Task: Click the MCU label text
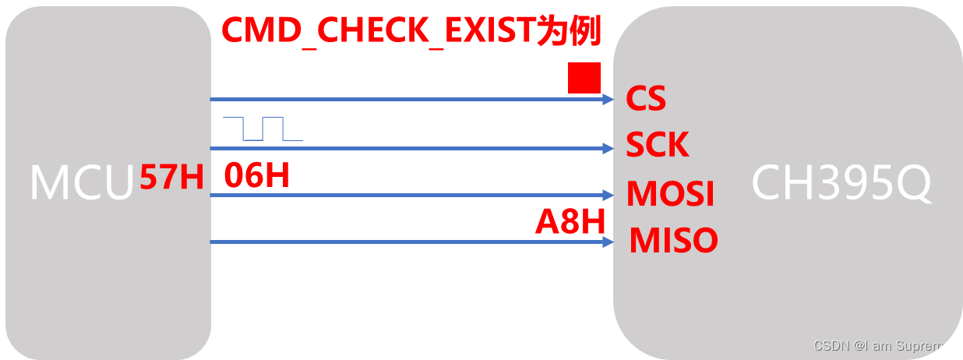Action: pos(82,184)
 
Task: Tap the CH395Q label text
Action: pos(841,184)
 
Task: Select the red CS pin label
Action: pos(646,100)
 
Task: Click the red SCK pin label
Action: pos(658,146)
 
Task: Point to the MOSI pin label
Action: pos(670,194)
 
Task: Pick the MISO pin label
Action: pos(673,241)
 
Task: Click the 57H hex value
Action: pos(171,178)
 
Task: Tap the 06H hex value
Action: pos(256,177)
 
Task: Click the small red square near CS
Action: pos(584,79)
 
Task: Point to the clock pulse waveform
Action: pos(263,129)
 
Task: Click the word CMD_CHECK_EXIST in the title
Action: pos(377,30)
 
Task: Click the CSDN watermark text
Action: pos(831,345)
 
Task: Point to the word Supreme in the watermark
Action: pos(926,345)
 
